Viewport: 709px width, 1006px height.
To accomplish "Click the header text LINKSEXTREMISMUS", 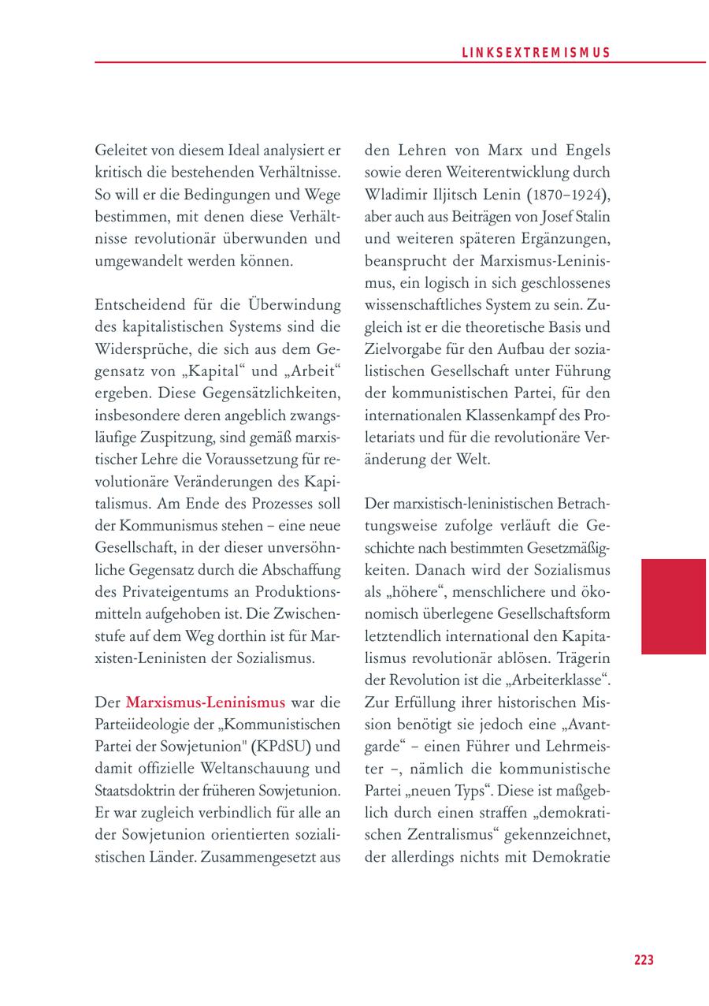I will [535, 53].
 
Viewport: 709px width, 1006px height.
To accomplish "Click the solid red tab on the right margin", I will [673, 606].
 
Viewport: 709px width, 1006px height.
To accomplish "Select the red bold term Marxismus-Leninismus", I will [206, 702].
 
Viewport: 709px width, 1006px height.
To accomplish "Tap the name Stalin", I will [588, 216].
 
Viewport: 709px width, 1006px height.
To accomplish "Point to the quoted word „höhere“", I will [410, 591].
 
